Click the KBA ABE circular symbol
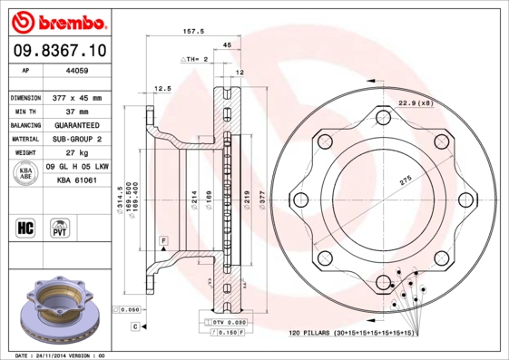[25, 174]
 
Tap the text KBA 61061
[77, 180]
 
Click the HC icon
[24, 226]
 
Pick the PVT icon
[60, 227]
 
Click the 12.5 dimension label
[162, 89]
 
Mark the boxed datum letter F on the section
[162, 239]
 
